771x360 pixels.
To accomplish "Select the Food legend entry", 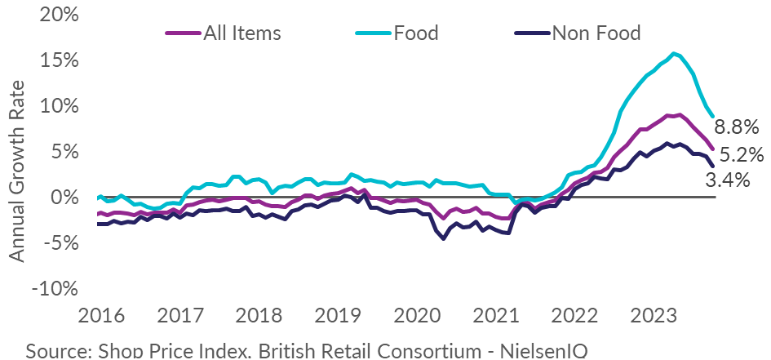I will click(414, 33).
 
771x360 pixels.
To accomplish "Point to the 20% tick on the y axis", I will click(57, 16).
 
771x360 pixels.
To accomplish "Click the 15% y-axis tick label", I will click(57, 61).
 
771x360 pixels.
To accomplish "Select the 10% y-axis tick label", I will click(57, 106).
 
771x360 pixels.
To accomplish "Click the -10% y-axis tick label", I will click(55, 288).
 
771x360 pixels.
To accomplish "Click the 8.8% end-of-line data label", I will click(737, 127).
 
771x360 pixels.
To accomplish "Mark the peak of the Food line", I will click(674, 54).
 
